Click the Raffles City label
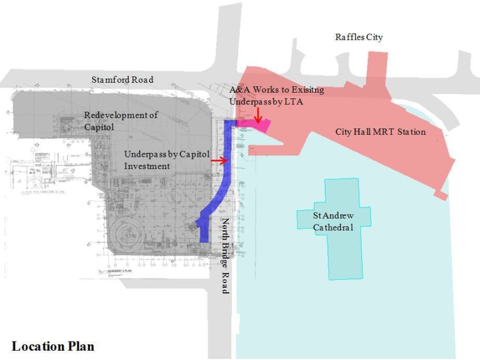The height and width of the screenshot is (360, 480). point(359,37)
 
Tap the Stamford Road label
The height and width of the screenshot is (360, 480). point(123,79)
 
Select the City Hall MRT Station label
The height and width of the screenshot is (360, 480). point(381,132)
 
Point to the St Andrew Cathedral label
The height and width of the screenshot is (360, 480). point(333,221)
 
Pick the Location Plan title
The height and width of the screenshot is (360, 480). point(53,346)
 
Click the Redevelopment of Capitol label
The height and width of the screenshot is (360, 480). point(121,120)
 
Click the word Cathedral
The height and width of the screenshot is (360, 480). point(333,227)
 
